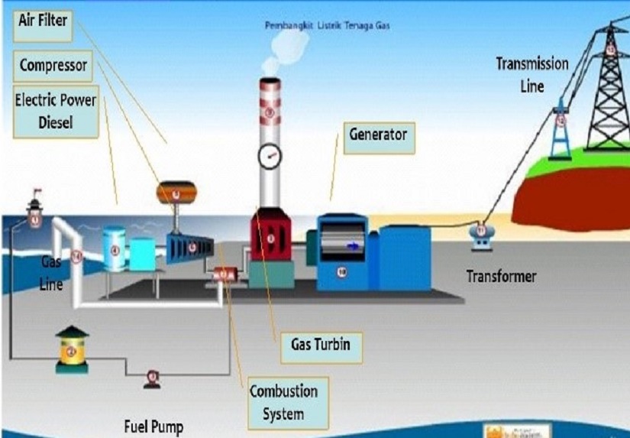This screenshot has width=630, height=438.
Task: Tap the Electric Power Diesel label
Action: click(x=55, y=111)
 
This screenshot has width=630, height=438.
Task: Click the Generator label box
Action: click(x=377, y=136)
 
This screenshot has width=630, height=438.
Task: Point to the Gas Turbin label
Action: click(x=320, y=345)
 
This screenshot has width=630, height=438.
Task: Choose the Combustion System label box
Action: click(x=283, y=403)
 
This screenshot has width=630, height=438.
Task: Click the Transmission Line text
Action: click(x=531, y=74)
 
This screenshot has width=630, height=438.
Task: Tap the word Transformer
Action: click(x=502, y=277)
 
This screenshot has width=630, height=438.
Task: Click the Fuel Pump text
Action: click(x=153, y=425)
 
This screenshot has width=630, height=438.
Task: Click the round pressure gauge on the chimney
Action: click(x=270, y=157)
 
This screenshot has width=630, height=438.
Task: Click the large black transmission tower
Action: click(x=608, y=92)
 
